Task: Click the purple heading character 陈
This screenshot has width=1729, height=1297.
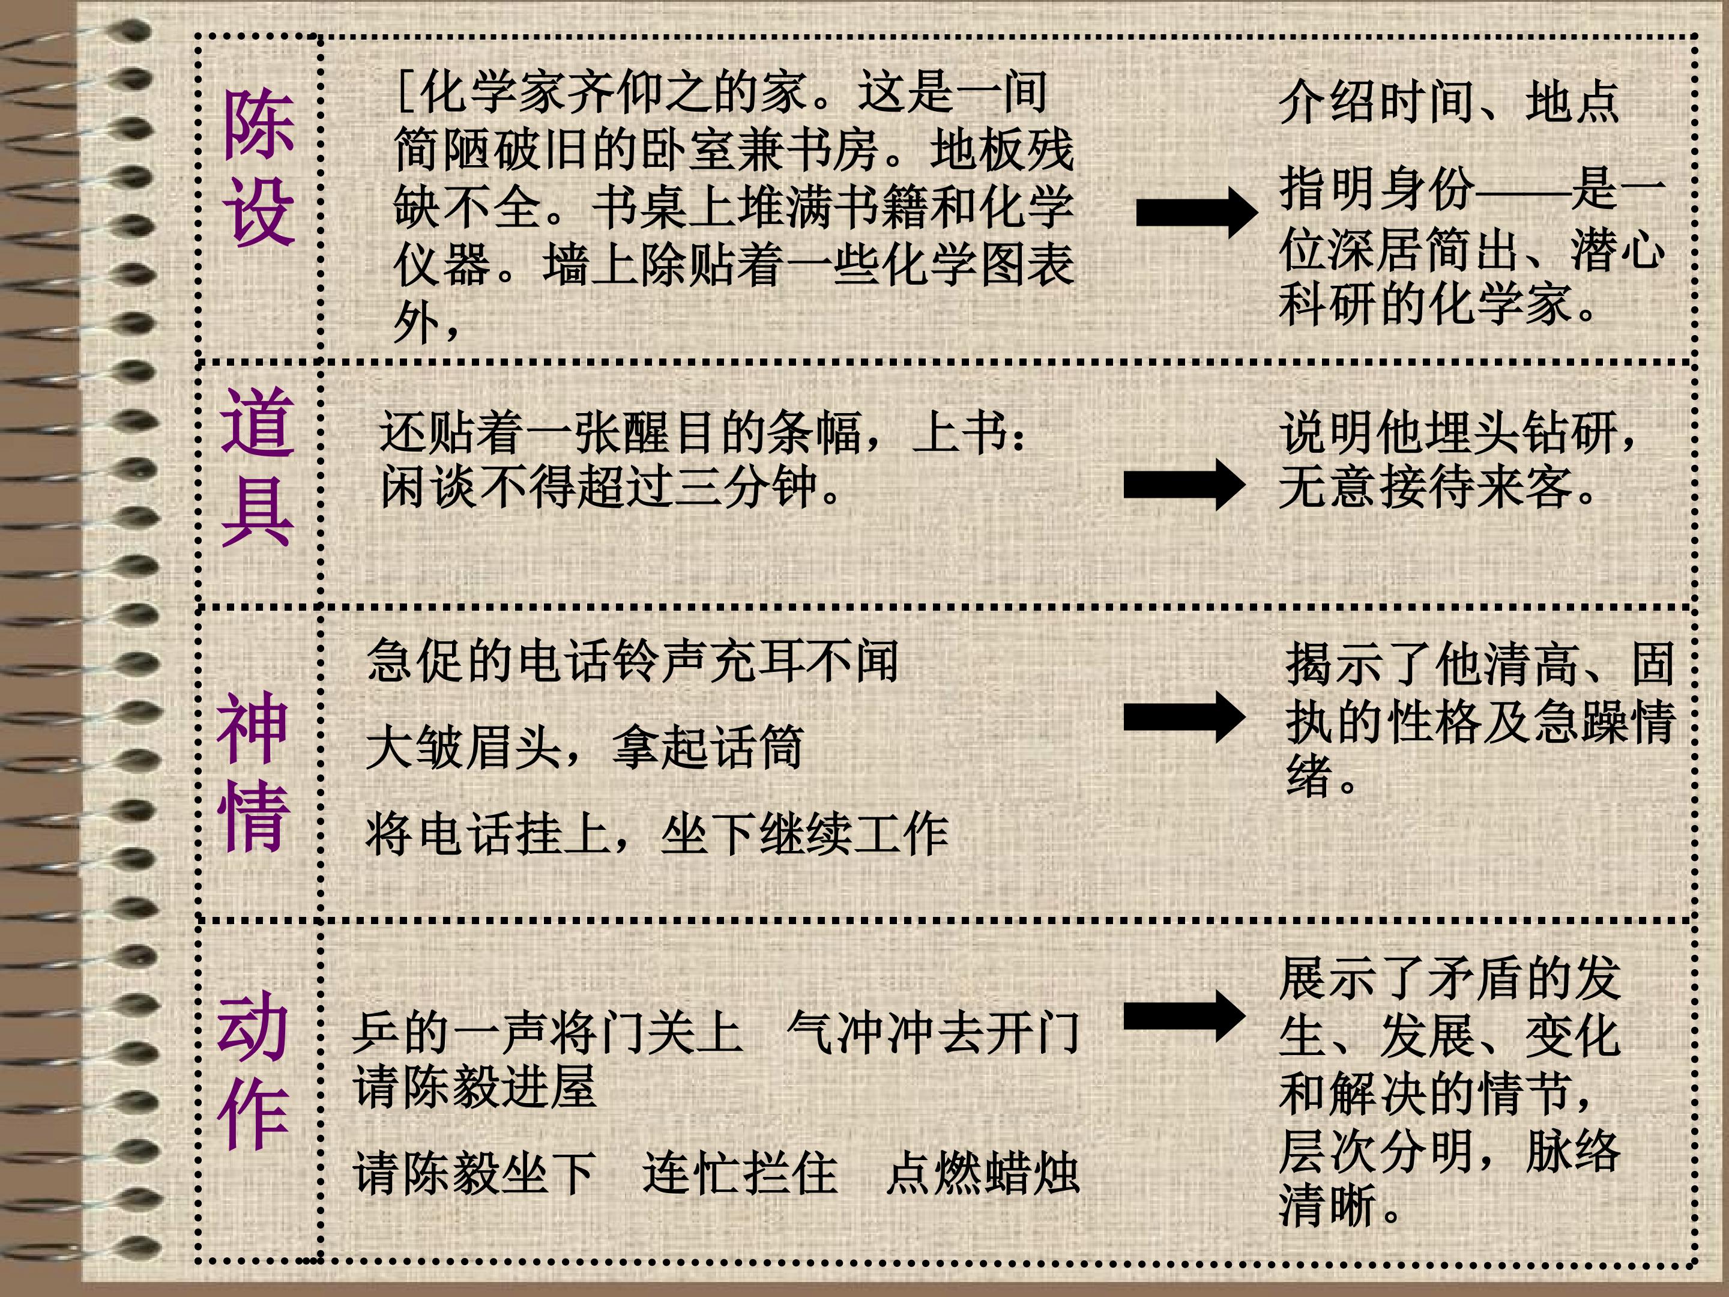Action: (x=259, y=124)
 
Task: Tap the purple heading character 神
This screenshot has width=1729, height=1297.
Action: (x=253, y=727)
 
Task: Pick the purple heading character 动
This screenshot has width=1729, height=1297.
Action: (x=253, y=1026)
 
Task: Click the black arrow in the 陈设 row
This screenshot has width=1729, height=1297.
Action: (x=1196, y=213)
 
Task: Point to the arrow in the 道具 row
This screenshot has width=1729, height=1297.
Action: (x=1184, y=485)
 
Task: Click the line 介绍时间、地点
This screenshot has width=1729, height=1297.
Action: (x=1449, y=103)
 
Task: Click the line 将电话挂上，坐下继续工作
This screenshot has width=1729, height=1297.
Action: (x=657, y=834)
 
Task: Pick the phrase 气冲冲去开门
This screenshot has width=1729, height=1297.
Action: (x=934, y=1033)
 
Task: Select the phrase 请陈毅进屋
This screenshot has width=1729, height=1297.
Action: (x=474, y=1087)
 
